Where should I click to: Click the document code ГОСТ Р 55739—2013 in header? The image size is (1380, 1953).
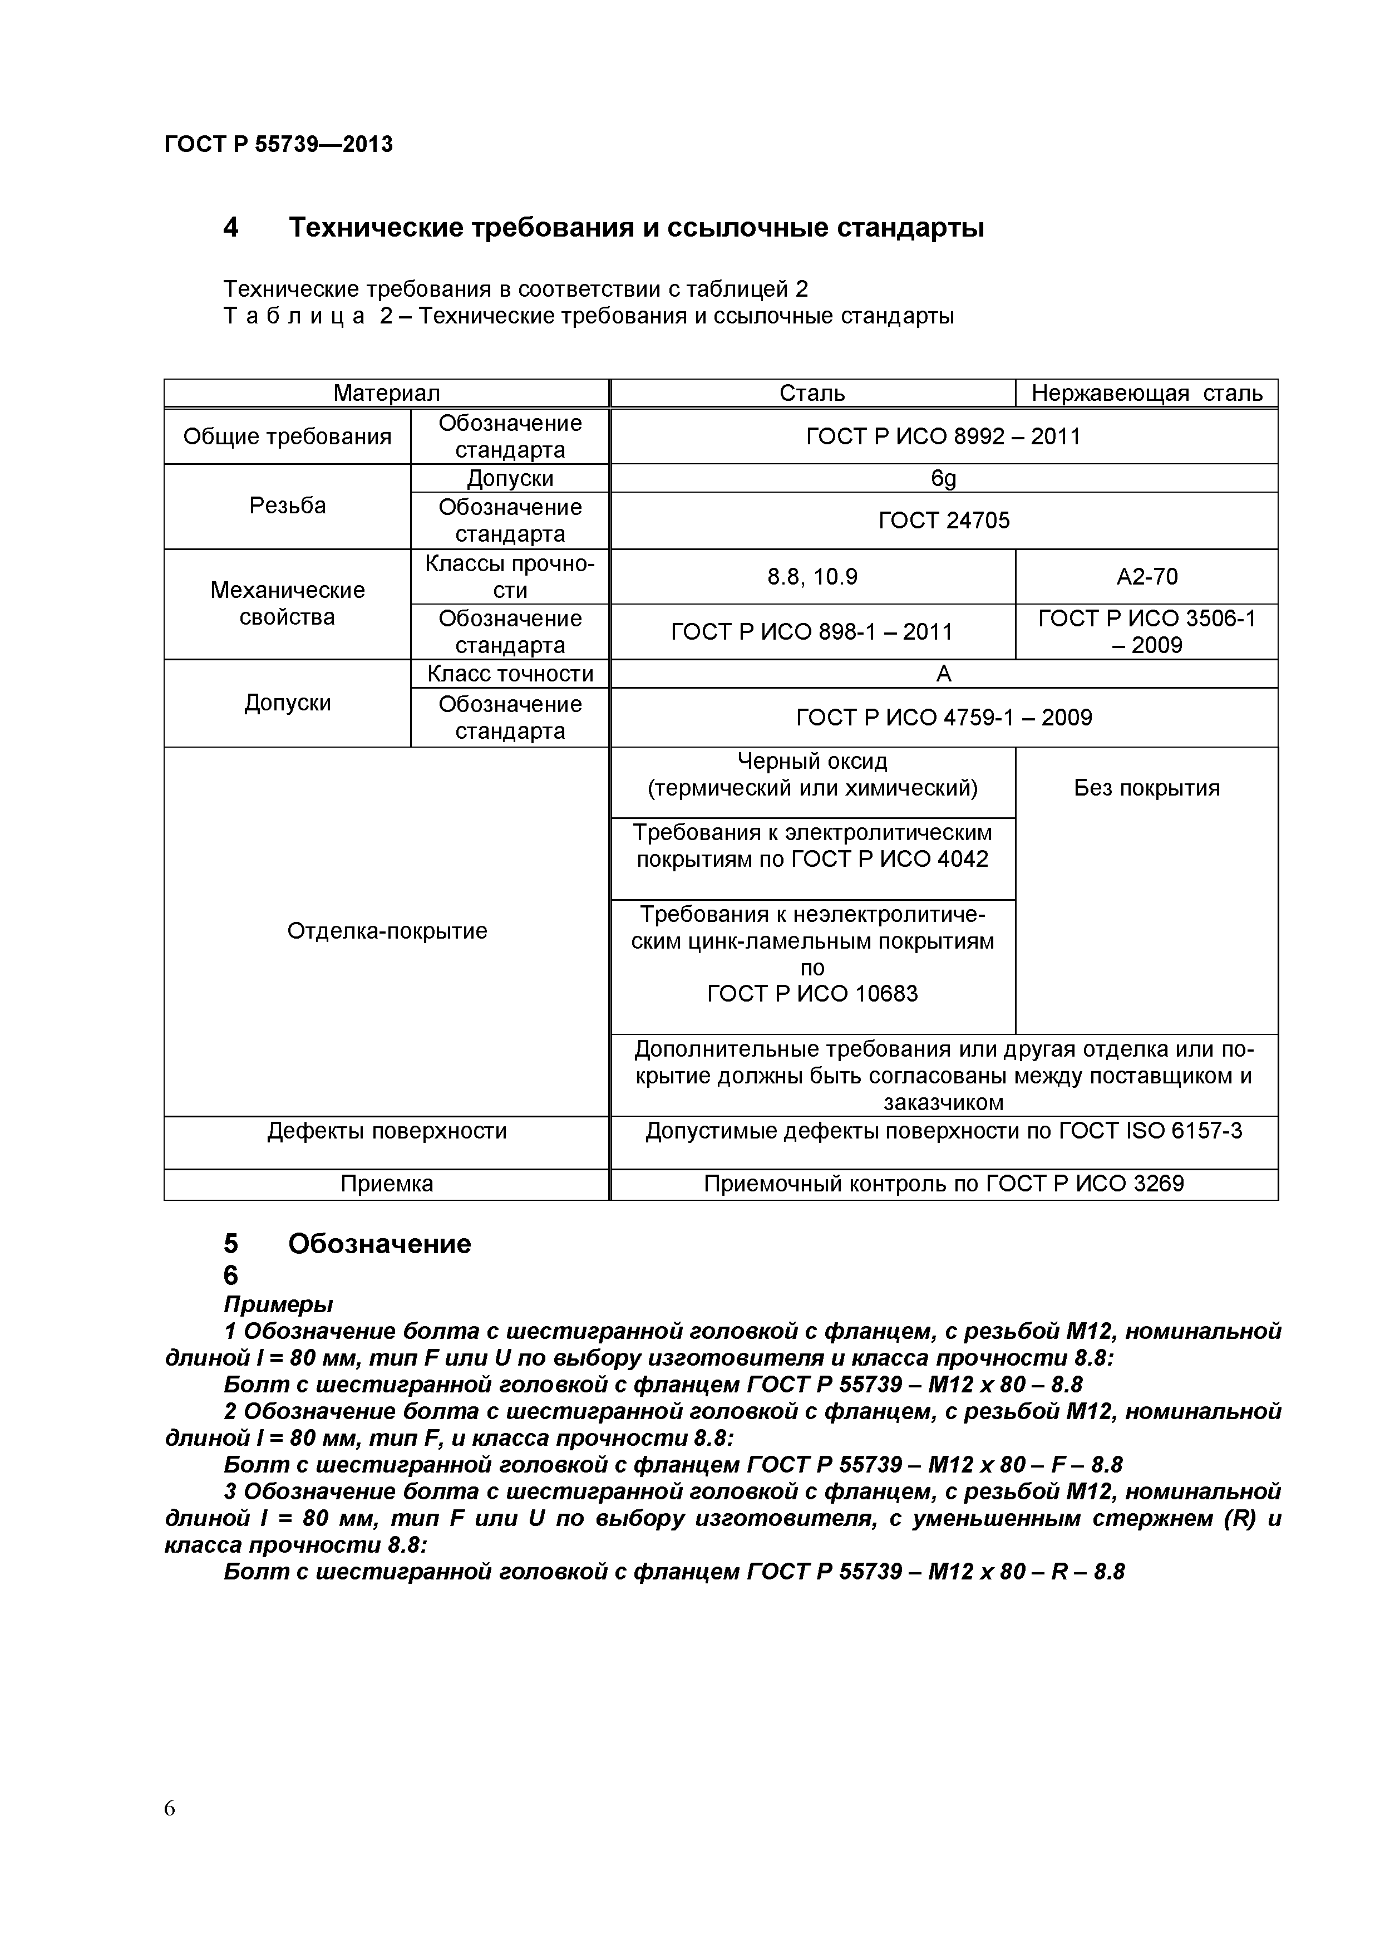pos(278,145)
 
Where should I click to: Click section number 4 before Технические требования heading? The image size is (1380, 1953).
pos(230,228)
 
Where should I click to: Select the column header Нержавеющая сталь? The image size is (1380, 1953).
pos(1146,393)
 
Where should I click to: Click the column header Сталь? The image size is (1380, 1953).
pos(812,393)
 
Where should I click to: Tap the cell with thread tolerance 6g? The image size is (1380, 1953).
pos(943,478)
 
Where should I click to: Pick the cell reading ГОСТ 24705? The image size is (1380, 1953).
pos(943,520)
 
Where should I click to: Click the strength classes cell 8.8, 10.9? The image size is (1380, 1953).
pos(812,577)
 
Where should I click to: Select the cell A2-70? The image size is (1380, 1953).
pos(1146,577)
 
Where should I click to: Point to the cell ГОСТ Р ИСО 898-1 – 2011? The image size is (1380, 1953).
pos(812,631)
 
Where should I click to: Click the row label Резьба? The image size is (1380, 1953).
pos(287,506)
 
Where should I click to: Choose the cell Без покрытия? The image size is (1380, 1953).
pos(1146,788)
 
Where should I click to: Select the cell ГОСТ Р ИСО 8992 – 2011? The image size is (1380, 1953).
pos(943,436)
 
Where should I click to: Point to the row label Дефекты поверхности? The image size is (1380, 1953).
pos(387,1131)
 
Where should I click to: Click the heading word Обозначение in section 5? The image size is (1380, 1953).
pos(379,1244)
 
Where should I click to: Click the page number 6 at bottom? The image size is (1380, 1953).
pos(170,1832)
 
